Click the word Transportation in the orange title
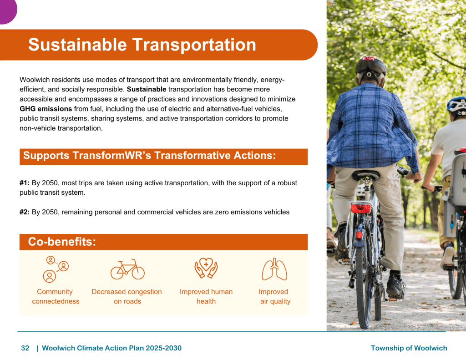(194, 45)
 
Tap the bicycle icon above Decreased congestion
(127, 269)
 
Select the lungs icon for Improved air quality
(274, 269)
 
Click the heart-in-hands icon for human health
(206, 268)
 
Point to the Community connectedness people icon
(56, 269)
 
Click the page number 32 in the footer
(25, 348)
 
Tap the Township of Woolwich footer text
(409, 348)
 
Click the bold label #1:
(25, 183)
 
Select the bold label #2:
(25, 212)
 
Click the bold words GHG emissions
(46, 109)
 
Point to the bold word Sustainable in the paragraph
(147, 89)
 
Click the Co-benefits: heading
(62, 242)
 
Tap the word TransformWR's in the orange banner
(112, 156)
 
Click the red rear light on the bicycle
(361, 208)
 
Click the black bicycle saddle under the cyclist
(365, 175)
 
